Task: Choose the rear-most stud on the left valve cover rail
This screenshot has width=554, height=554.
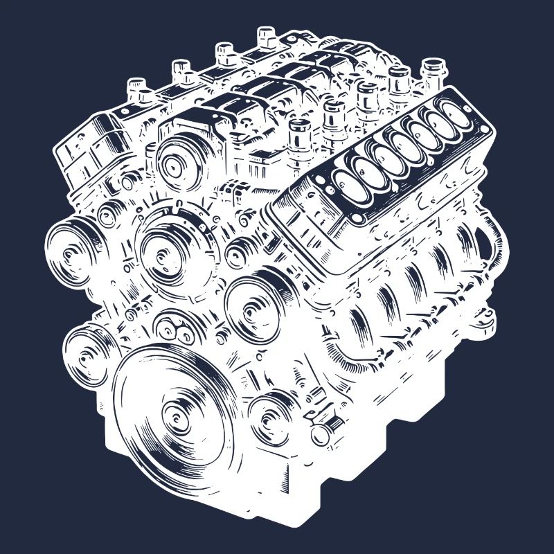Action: click(267, 35)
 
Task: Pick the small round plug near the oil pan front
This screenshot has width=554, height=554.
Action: click(320, 434)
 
